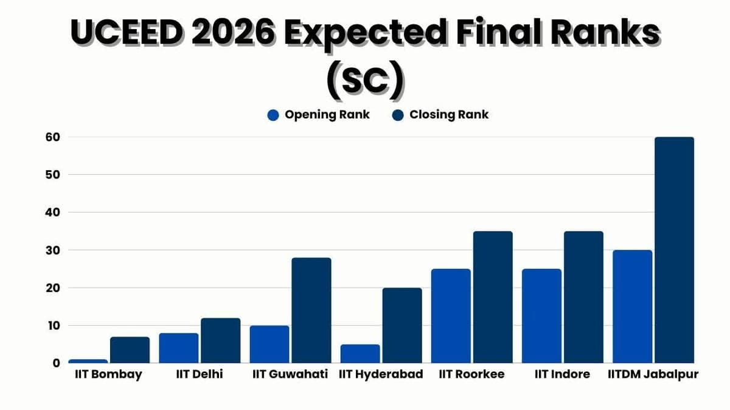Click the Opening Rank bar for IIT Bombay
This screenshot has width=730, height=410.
pyautogui.click(x=88, y=361)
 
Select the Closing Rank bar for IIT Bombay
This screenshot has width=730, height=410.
pyautogui.click(x=130, y=350)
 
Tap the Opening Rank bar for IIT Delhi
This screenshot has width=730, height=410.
pyautogui.click(x=179, y=348)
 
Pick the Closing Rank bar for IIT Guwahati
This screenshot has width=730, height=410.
pyautogui.click(x=311, y=310)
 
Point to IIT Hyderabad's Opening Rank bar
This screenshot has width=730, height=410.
pyautogui.click(x=360, y=354)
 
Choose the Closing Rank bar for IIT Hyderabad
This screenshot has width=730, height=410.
pyautogui.click(x=402, y=326)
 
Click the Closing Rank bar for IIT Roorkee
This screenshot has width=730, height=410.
pyautogui.click(x=493, y=297)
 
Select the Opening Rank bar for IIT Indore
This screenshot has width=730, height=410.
pyautogui.click(x=541, y=316)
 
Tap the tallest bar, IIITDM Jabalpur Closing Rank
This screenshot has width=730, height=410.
pyautogui.click(x=674, y=250)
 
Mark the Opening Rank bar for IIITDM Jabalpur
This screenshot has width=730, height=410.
pyautogui.click(x=632, y=307)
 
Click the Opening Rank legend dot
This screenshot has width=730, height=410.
pyautogui.click(x=273, y=115)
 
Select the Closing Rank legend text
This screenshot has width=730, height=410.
pyautogui.click(x=449, y=115)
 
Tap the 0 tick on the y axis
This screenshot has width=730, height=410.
pyautogui.click(x=56, y=363)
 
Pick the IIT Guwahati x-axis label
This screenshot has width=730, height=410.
pyautogui.click(x=290, y=374)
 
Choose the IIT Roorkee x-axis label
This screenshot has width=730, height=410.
pyautogui.click(x=471, y=374)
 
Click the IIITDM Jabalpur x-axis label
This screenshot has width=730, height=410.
pyautogui.click(x=653, y=374)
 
